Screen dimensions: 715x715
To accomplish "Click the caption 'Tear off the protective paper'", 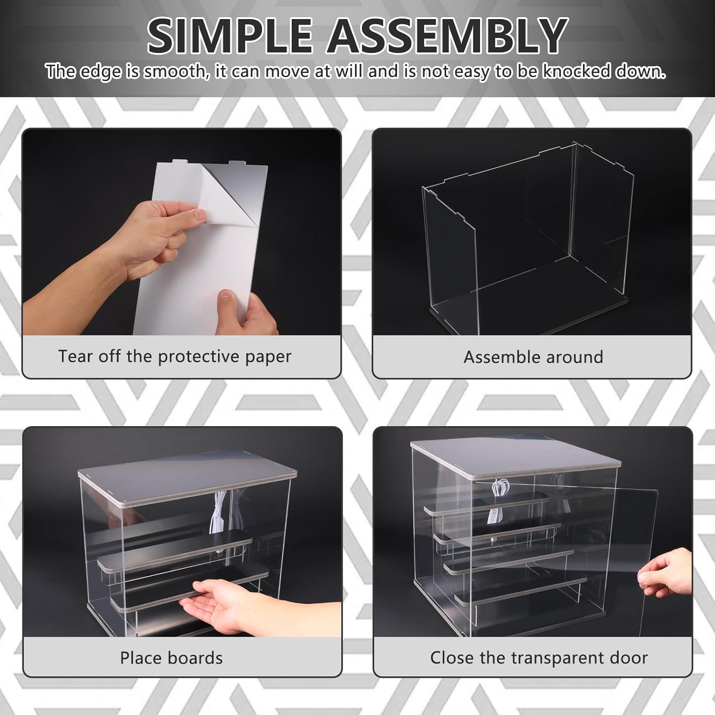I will pos(174,357).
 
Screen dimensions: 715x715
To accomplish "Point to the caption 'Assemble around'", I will pos(533,357).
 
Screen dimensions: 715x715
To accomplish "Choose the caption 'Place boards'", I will pos(171,658).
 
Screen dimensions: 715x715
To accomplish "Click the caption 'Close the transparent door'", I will pos(539,658).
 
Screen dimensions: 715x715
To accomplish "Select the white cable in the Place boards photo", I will pos(220,515).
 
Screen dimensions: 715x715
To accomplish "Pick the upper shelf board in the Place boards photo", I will pos(176,551).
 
